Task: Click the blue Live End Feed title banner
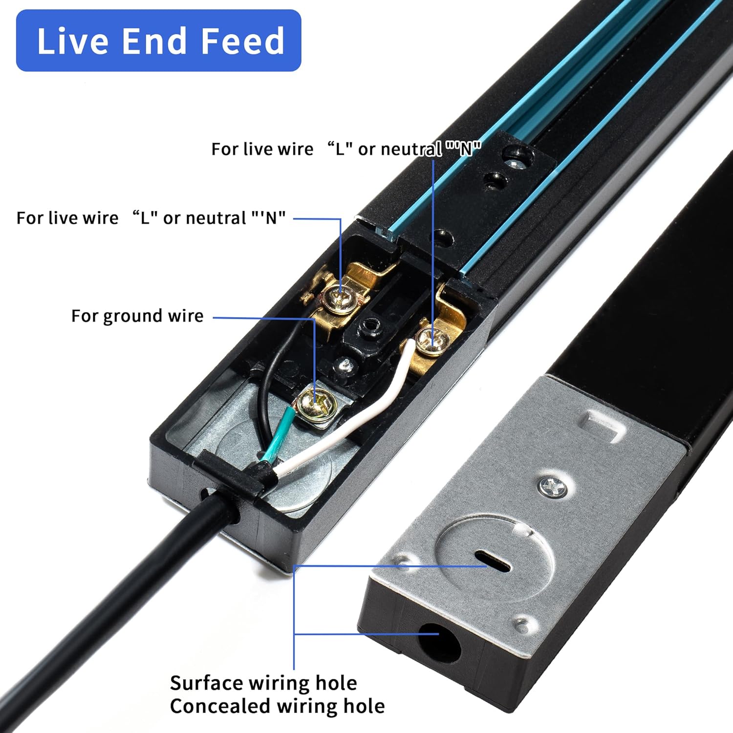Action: coord(158,41)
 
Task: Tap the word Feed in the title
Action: coord(242,41)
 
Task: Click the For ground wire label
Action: coord(137,316)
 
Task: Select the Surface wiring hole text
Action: coord(263,683)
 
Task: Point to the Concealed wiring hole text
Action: coord(277,706)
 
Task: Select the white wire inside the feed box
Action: coord(342,420)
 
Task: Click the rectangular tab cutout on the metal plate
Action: coord(606,425)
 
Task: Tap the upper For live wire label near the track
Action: coord(346,149)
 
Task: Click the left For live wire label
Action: coord(151,218)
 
